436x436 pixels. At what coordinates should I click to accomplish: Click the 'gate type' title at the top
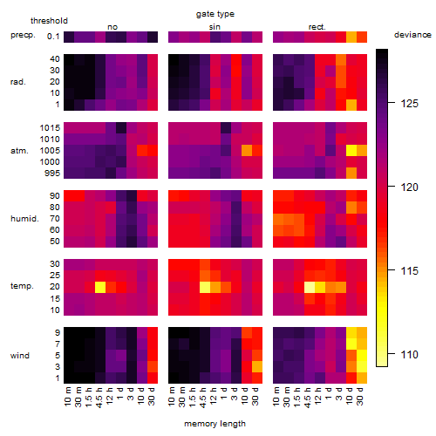coord(215,14)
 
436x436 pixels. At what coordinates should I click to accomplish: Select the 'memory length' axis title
coord(215,424)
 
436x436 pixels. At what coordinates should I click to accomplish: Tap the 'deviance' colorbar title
coord(412,35)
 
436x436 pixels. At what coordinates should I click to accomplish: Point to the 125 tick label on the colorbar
coord(409,103)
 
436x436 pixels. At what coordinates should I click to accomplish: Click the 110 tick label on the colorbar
coord(409,354)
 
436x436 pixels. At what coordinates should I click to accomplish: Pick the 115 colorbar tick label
coord(409,270)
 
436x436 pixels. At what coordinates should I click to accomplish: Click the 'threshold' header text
coord(49,21)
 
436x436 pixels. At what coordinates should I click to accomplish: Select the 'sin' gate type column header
coord(215,27)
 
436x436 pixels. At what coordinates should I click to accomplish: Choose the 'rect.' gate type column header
coord(317,27)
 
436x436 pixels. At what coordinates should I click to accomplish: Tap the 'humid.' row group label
coord(24,219)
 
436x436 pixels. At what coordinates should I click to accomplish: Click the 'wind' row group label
coord(20,356)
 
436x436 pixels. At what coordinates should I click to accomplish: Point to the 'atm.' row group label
coord(19,151)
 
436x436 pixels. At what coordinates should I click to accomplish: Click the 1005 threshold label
coord(50,151)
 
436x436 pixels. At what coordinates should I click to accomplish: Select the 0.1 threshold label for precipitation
coord(53,37)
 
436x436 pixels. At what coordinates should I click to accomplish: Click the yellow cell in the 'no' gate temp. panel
coord(100,287)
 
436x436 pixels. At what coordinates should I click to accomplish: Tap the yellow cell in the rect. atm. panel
coord(351,150)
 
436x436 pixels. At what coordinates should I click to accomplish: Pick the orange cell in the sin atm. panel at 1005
coord(247,150)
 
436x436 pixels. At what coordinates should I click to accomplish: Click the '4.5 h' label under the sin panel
coord(203,397)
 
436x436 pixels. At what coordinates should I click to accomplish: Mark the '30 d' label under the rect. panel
coord(359,396)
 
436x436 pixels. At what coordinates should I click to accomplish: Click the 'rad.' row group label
coord(18,82)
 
